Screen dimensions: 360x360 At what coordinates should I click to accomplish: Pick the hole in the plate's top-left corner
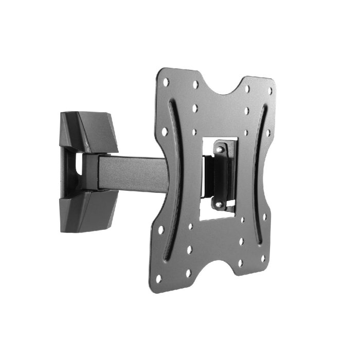(x=166, y=82)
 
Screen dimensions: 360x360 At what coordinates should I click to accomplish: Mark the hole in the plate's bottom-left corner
(x=158, y=278)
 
